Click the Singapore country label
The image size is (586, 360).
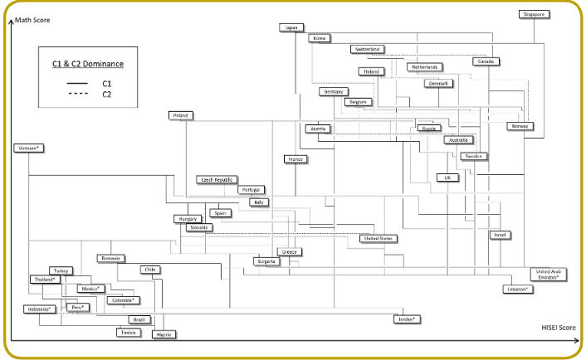pos(535,14)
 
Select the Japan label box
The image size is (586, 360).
pos(290,27)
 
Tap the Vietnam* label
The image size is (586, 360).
pos(28,148)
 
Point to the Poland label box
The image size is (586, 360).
pos(179,115)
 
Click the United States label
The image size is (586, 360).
pos(378,238)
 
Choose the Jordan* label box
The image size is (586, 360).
pos(406,319)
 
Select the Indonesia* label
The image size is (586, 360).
pos(38,309)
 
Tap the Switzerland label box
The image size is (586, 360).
pos(368,50)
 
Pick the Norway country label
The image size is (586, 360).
pos(521,126)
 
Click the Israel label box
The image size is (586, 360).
pos(500,235)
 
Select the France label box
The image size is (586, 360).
pos(295,158)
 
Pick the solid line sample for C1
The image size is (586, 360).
pos(77,84)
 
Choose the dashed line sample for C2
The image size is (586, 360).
pos(77,95)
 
